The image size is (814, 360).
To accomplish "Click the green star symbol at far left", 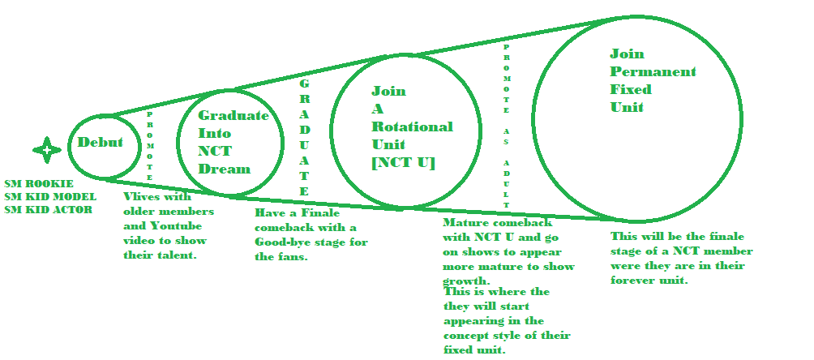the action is pyautogui.click(x=47, y=150).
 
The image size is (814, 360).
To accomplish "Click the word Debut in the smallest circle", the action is pyautogui.click(x=101, y=143).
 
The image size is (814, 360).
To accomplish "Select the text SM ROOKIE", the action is pyautogui.click(x=39, y=184).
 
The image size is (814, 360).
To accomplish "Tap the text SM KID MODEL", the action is pyautogui.click(x=50, y=197).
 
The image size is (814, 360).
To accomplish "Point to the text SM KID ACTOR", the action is pyautogui.click(x=49, y=210).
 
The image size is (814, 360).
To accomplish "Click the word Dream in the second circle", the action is pyautogui.click(x=225, y=169).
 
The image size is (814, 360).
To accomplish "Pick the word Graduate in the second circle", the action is pyautogui.click(x=233, y=115).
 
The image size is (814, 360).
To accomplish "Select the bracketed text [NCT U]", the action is pyautogui.click(x=404, y=163).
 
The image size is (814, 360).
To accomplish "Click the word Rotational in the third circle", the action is pyautogui.click(x=412, y=126).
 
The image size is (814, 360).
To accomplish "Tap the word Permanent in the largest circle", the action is pyautogui.click(x=653, y=71).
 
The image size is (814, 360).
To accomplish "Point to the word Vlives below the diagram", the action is pyautogui.click(x=142, y=196).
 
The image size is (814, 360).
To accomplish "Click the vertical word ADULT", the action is pyautogui.click(x=506, y=184).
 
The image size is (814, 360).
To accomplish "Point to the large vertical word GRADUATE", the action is pyautogui.click(x=304, y=138).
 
